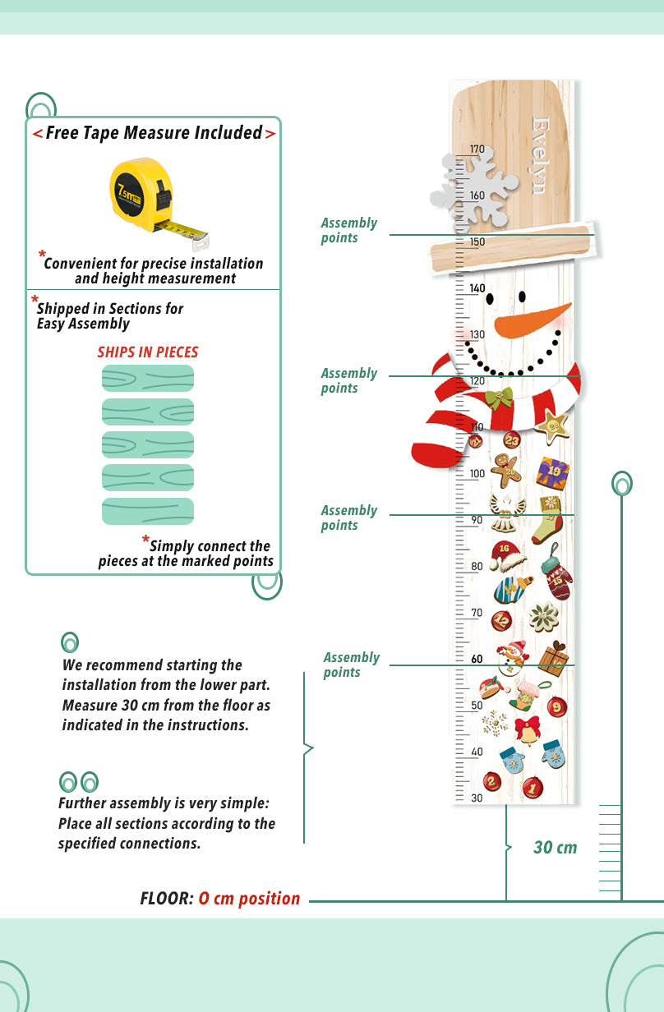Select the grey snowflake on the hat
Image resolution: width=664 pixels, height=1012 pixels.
tap(474, 190)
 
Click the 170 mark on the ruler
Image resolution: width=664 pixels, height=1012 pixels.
tap(477, 149)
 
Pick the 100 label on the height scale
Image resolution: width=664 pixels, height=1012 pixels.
tap(477, 474)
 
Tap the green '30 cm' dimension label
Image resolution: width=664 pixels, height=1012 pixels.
tap(555, 848)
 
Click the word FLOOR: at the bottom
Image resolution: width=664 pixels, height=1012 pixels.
tap(167, 899)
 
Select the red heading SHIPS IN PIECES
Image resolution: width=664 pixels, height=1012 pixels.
tap(148, 352)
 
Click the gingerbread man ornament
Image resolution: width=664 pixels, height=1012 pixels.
tap(505, 470)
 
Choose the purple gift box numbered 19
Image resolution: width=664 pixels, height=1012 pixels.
tap(552, 472)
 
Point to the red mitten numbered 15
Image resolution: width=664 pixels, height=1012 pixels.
tap(557, 577)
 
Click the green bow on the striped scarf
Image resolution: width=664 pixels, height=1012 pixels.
tap(499, 401)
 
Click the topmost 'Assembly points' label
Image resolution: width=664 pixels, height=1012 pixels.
tap(348, 230)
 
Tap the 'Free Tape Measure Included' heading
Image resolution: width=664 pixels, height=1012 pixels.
tap(154, 133)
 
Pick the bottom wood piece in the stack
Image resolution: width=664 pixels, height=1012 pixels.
tap(148, 511)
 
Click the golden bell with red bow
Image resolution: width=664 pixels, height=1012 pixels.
tap(527, 729)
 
